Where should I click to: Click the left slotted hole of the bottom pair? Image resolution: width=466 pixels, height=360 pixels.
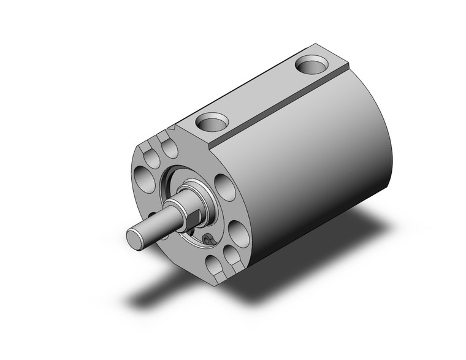click(213, 265)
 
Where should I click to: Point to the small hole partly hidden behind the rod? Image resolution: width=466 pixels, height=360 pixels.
click(167, 235)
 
